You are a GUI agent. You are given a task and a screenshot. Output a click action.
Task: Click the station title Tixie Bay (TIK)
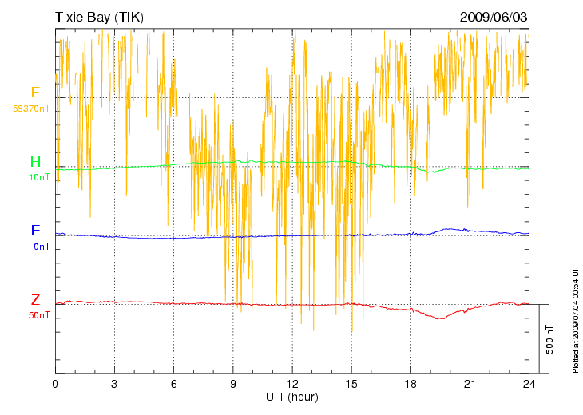(99, 17)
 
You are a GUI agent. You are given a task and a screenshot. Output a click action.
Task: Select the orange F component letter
(35, 93)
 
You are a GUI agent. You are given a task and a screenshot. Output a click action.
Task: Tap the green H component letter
(35, 162)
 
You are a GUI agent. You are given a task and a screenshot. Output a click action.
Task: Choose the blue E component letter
(35, 231)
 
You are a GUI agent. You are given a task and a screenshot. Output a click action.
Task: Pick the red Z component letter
(35, 300)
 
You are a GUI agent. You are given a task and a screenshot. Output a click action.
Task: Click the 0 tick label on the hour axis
(55, 384)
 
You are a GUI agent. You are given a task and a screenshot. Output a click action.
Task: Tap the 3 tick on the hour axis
(114, 384)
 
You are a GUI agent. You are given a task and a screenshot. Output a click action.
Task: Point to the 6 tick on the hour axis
(173, 384)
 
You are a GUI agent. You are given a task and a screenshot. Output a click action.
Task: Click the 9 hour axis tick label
(232, 384)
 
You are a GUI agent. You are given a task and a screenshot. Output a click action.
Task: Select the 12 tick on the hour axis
(291, 384)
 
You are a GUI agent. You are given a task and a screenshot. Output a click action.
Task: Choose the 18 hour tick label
(410, 384)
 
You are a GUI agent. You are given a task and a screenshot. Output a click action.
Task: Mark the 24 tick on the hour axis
(528, 384)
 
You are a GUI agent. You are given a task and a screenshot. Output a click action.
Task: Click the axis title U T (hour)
(291, 397)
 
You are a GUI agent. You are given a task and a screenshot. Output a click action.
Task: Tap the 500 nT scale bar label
(549, 339)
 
